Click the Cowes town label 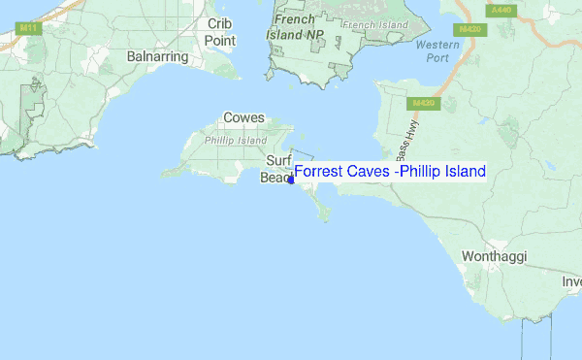click(x=243, y=117)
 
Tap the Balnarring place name click(x=157, y=56)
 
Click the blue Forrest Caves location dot click(x=291, y=180)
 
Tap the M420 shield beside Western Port click(x=471, y=29)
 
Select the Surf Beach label click(x=277, y=170)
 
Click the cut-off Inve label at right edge click(x=570, y=281)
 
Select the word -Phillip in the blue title click(x=413, y=172)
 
